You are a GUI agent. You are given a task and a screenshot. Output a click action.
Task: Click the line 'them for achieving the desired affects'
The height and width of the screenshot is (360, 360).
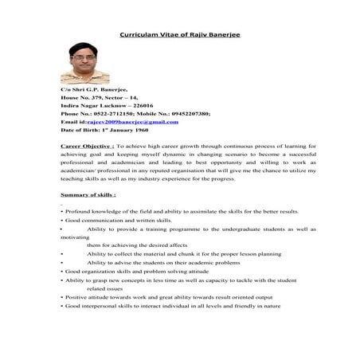tap(137, 245)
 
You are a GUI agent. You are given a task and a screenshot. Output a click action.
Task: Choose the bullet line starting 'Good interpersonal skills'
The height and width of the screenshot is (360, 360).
tap(174, 307)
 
